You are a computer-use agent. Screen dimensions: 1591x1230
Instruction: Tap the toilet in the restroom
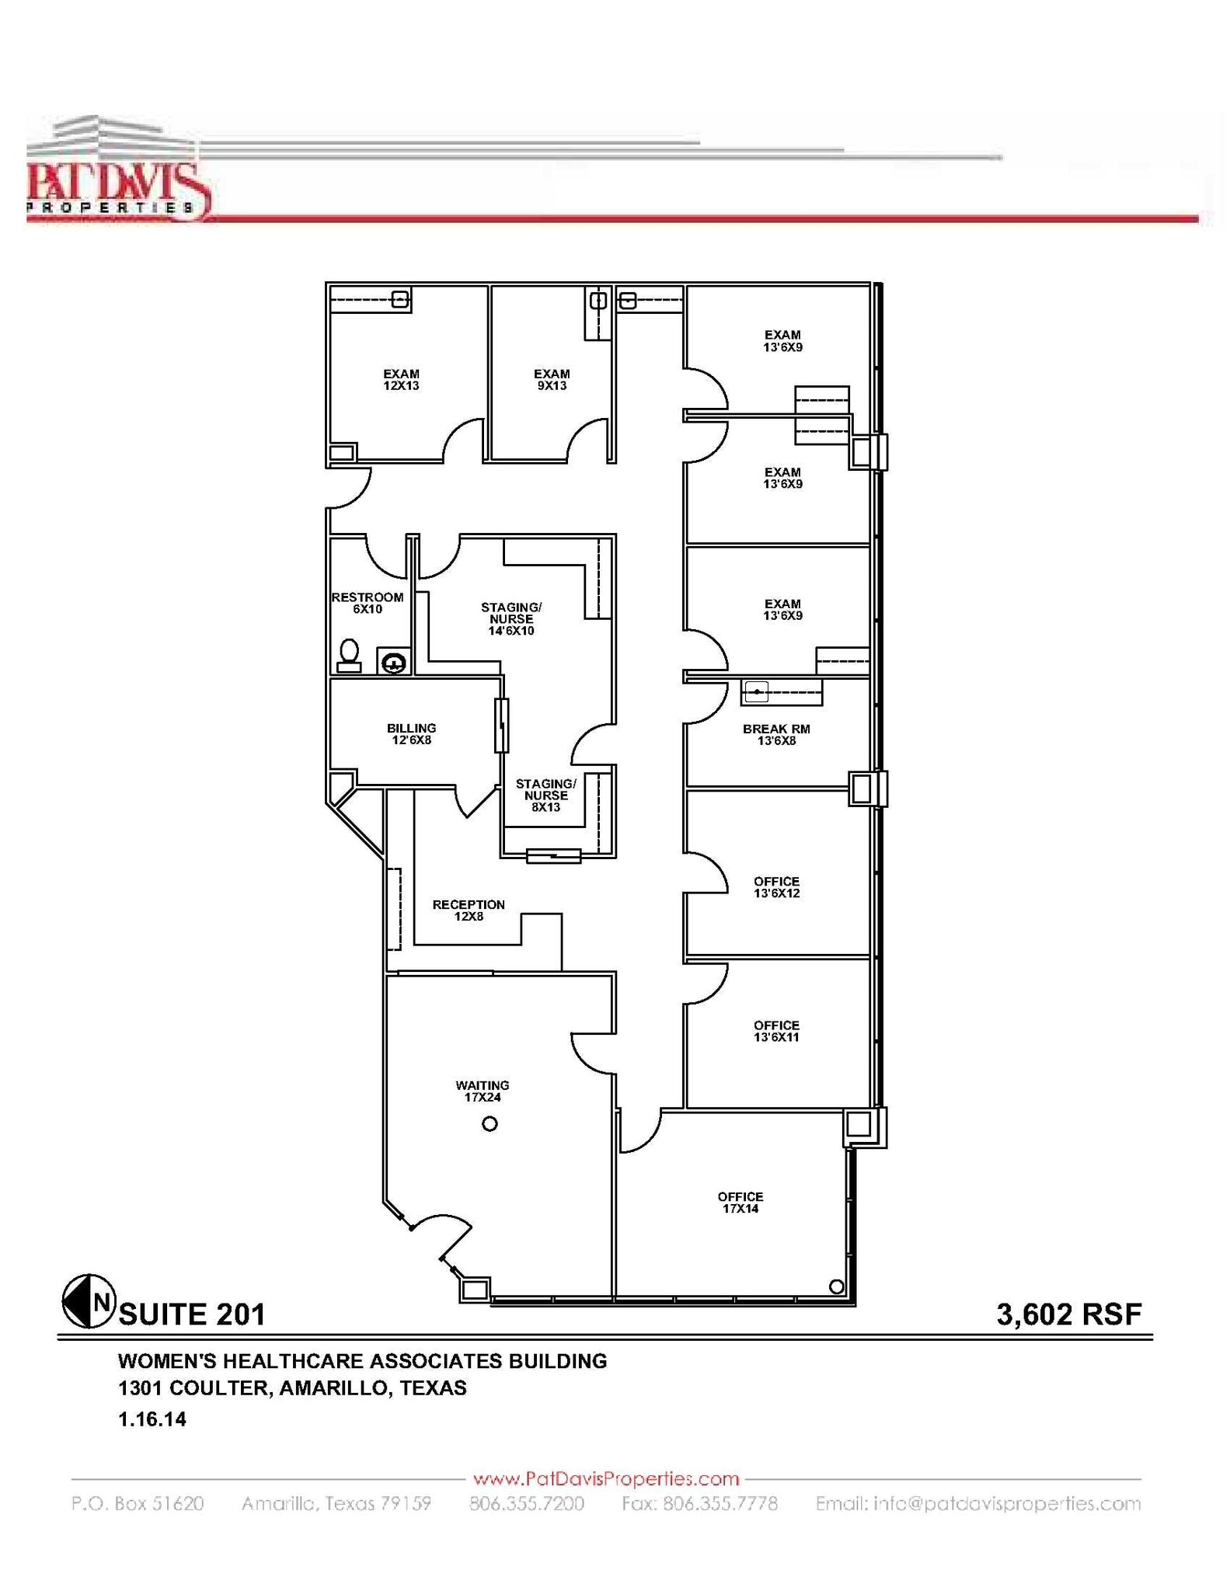tap(349, 655)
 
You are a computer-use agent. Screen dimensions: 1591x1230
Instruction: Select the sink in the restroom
tap(394, 663)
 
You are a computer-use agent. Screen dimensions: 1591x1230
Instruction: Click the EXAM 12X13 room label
tap(401, 380)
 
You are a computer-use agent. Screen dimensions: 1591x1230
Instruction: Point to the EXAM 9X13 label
tap(552, 380)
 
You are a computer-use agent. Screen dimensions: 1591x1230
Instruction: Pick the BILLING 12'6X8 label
tap(411, 734)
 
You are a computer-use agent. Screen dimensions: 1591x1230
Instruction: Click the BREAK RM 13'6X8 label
tap(776, 735)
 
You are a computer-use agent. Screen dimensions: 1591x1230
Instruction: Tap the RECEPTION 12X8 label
tap(469, 910)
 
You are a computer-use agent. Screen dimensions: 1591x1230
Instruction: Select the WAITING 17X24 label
tap(483, 1091)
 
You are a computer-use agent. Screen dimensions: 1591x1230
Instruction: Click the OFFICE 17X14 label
tap(740, 1203)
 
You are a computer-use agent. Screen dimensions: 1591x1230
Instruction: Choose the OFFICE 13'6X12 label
tap(776, 887)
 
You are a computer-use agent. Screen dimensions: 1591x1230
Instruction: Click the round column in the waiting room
tap(490, 1124)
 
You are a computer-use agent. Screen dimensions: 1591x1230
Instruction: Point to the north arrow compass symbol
tap(89, 1301)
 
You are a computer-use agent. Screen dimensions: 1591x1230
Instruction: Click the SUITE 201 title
tap(192, 1314)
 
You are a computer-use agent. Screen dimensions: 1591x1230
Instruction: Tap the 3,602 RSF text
tap(1069, 1314)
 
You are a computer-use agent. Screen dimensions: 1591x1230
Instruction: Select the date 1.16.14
tap(152, 1419)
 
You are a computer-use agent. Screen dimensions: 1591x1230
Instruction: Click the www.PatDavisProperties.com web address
tap(606, 1478)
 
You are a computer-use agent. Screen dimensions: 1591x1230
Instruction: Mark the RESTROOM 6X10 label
tap(368, 603)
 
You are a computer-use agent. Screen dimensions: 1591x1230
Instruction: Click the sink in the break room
tap(757, 691)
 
